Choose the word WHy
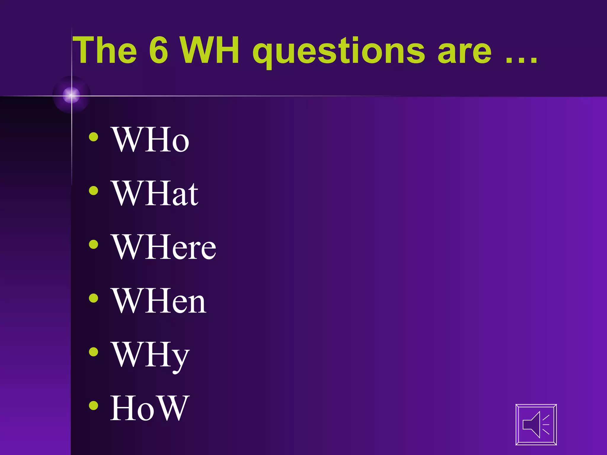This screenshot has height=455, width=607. pyautogui.click(x=150, y=355)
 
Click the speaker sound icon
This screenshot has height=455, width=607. pyautogui.click(x=536, y=424)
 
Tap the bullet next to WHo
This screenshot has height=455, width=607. pyautogui.click(x=94, y=137)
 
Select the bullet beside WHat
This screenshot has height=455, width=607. pyautogui.click(x=94, y=190)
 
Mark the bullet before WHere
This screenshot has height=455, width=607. pyautogui.click(x=94, y=244)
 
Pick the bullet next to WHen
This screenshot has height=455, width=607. pyautogui.click(x=94, y=298)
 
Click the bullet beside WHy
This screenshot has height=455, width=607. pyautogui.click(x=94, y=352)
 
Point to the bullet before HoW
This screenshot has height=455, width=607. pyautogui.click(x=94, y=406)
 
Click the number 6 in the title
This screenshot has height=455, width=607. pyautogui.click(x=159, y=50)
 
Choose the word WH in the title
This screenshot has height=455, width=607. pyautogui.click(x=210, y=50)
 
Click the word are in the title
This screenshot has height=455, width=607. pyautogui.click(x=464, y=52)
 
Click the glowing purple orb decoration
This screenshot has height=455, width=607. pyautogui.click(x=71, y=95)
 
